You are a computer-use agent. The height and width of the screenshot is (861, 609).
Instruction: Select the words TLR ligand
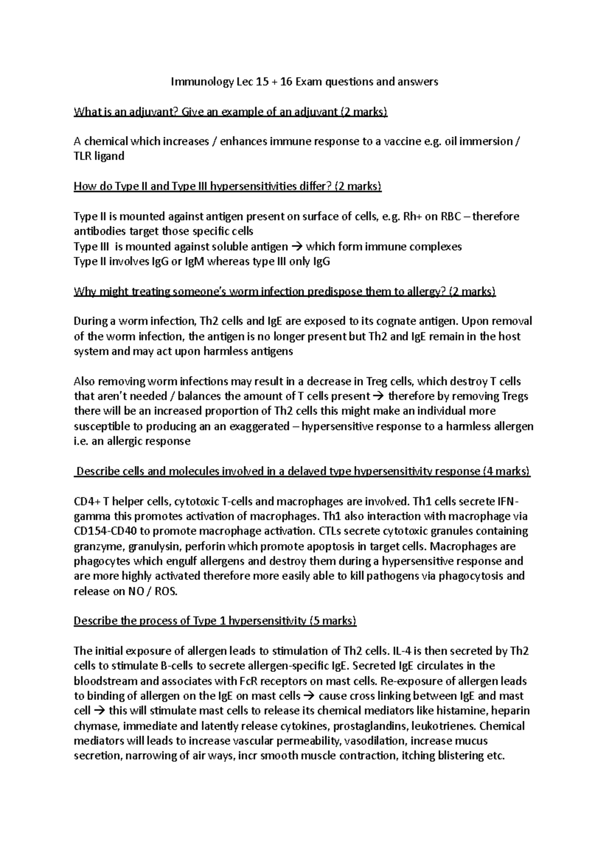pyautogui.click(x=99, y=156)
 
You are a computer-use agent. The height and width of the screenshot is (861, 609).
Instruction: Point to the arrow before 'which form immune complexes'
pyautogui.click(x=297, y=247)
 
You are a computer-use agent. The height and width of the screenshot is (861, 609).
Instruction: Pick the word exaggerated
pyautogui.click(x=259, y=426)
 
